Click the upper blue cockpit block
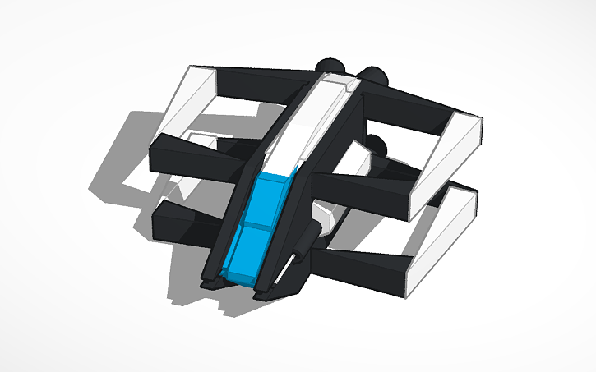pyautogui.click(x=268, y=200)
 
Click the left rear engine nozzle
pyautogui.click(x=329, y=67)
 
